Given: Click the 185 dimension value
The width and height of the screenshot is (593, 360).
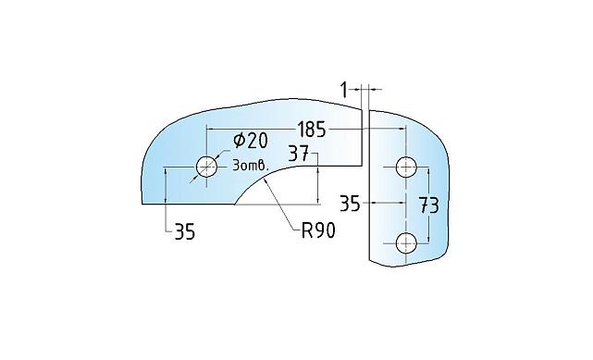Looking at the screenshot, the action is click(x=311, y=130).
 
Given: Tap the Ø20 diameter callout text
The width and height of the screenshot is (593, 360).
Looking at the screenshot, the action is click(x=251, y=141).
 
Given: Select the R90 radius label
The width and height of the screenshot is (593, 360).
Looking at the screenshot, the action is click(x=318, y=230).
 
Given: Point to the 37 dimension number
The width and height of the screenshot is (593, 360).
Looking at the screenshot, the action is click(x=299, y=154).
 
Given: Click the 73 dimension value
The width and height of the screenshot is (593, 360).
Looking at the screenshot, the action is click(x=429, y=205).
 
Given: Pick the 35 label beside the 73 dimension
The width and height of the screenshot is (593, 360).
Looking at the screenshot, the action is click(x=350, y=204).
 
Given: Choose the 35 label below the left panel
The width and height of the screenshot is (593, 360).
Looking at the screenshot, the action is click(x=185, y=231).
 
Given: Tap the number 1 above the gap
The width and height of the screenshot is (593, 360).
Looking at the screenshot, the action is click(x=344, y=91).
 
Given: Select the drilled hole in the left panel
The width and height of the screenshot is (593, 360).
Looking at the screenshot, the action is click(x=207, y=167).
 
